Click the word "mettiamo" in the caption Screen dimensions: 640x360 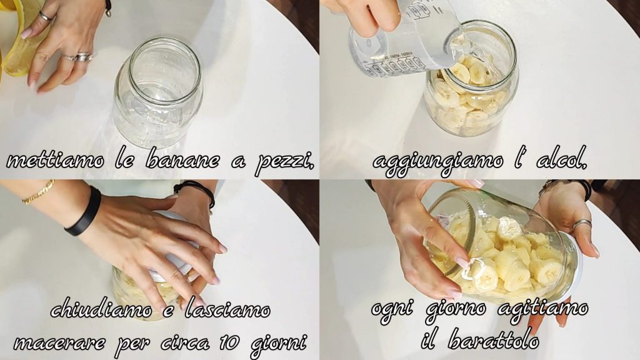55,160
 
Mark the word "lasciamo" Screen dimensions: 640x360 227,309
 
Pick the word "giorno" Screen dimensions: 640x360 456,311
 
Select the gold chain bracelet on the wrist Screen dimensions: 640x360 37,192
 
